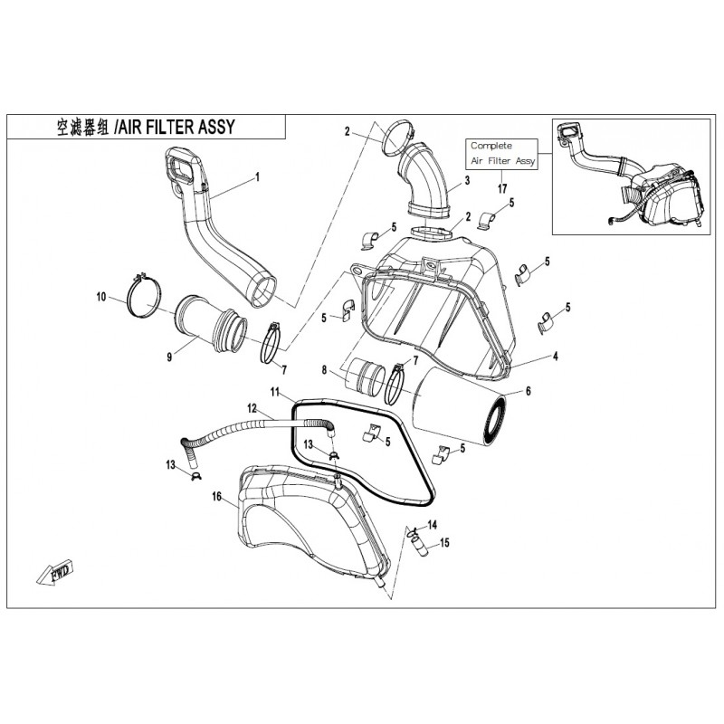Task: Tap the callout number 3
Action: [467, 182]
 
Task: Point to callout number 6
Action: [529, 392]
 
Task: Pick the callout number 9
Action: [168, 357]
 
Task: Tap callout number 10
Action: [101, 296]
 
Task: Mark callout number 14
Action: [432, 525]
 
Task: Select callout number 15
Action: [444, 543]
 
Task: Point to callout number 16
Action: [216, 497]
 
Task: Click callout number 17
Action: [501, 188]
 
